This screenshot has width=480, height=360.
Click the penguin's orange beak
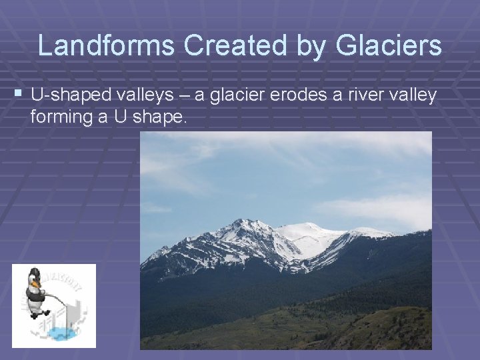(36, 284)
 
